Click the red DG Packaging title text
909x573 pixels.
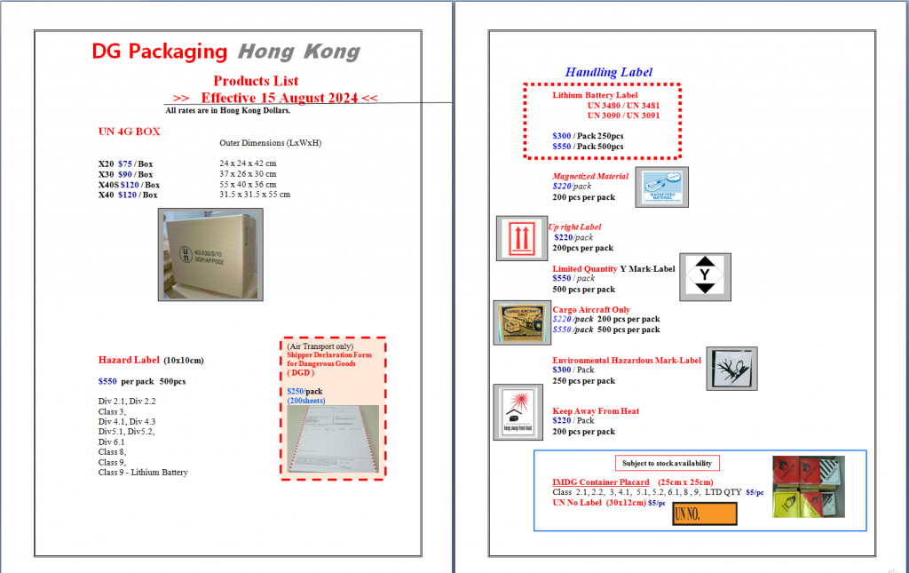(x=160, y=52)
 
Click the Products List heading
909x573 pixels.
(x=256, y=81)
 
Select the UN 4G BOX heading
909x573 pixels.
(x=129, y=131)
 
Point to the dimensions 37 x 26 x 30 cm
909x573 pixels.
(x=248, y=174)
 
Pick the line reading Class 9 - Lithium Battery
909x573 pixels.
(x=143, y=473)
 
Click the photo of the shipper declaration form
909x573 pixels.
(x=333, y=439)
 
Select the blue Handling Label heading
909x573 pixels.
(x=609, y=72)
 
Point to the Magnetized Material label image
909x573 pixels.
(x=661, y=187)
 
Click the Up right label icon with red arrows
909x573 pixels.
(x=520, y=239)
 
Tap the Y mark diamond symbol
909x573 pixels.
(x=705, y=276)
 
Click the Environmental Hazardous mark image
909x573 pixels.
(x=732, y=369)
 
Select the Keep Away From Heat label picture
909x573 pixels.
(x=517, y=412)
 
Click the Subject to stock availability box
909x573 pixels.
(x=668, y=463)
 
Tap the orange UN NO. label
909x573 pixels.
(x=705, y=513)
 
